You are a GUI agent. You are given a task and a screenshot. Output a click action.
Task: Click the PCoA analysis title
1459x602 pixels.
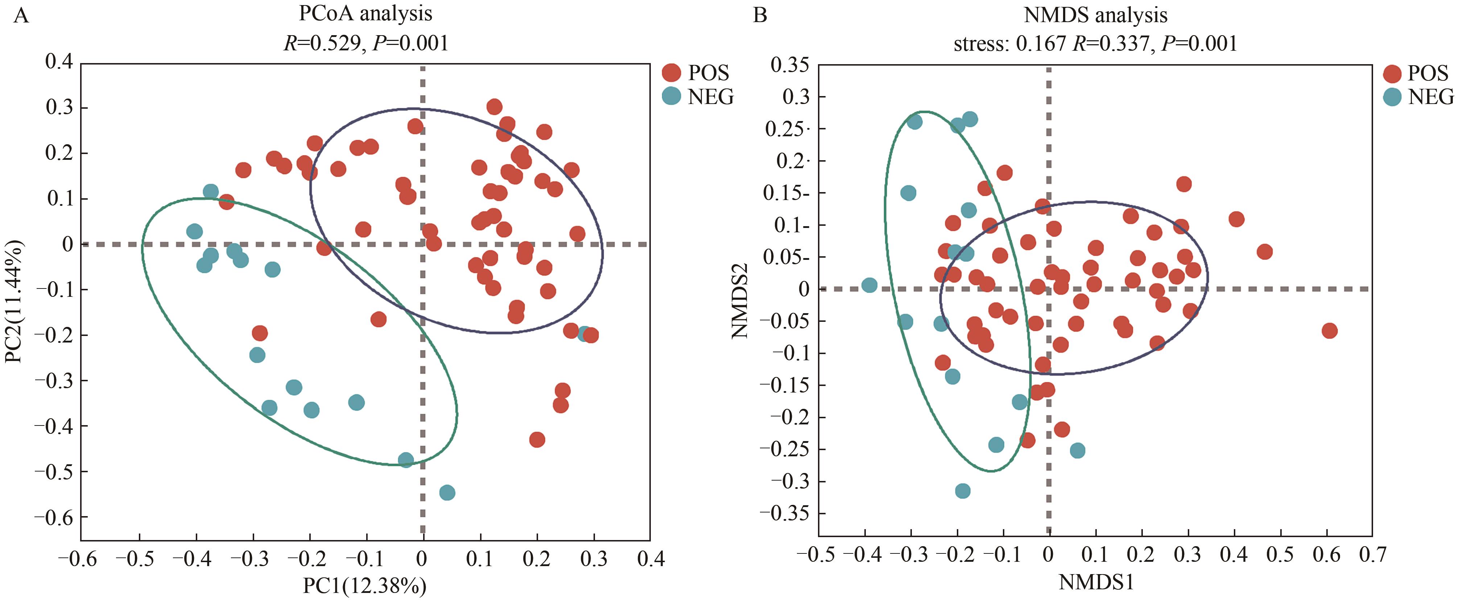coord(365,14)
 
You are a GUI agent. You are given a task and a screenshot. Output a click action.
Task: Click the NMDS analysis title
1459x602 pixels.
coord(1095,15)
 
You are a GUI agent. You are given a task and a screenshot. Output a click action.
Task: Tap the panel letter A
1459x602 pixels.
coord(21,15)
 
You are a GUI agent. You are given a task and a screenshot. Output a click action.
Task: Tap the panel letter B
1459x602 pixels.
coord(760,15)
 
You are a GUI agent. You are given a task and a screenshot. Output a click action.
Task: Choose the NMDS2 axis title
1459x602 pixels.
coord(740,301)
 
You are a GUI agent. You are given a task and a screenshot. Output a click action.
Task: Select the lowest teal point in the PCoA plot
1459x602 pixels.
coord(447,493)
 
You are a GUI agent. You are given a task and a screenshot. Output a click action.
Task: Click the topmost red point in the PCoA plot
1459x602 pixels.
coord(494,107)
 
